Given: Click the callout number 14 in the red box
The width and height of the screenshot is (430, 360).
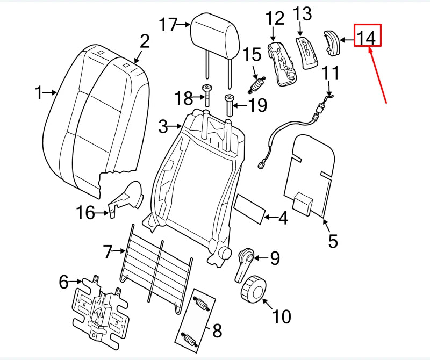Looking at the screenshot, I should tap(367, 37).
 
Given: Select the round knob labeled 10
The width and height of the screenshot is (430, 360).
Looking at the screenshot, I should tap(253, 291).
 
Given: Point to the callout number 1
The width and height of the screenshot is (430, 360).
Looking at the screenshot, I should tap(38, 94).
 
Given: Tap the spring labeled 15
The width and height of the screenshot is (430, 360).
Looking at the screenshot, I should tap(257, 85).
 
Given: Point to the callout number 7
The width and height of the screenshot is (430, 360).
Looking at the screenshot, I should tap(107, 251).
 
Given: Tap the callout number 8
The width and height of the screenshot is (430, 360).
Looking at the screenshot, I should tap(217, 330).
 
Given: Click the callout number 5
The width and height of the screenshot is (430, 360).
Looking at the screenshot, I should tap(333, 241).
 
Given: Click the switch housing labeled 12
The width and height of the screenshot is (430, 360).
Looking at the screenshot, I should tap(283, 63).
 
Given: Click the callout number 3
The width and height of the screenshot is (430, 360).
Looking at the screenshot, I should tap(164, 127).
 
